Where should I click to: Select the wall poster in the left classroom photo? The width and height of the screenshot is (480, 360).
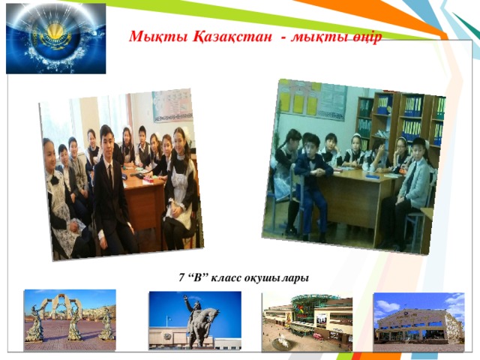coord(172,105)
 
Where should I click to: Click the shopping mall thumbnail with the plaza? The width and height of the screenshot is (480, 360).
coord(307,321)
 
